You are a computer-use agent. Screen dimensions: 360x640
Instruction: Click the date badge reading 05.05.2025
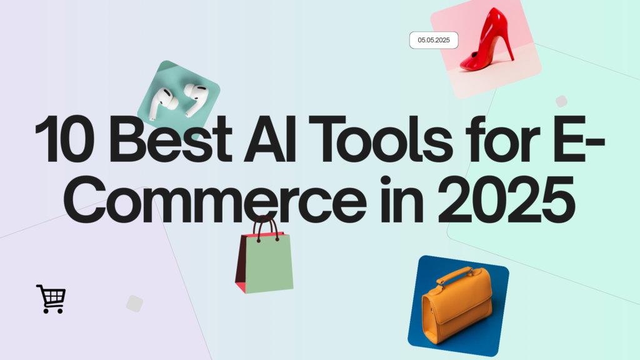434,40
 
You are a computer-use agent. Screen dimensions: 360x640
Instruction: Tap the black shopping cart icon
51,299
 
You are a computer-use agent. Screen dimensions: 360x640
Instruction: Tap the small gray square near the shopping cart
134,304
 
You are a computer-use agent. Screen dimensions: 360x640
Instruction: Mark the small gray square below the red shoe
561,101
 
